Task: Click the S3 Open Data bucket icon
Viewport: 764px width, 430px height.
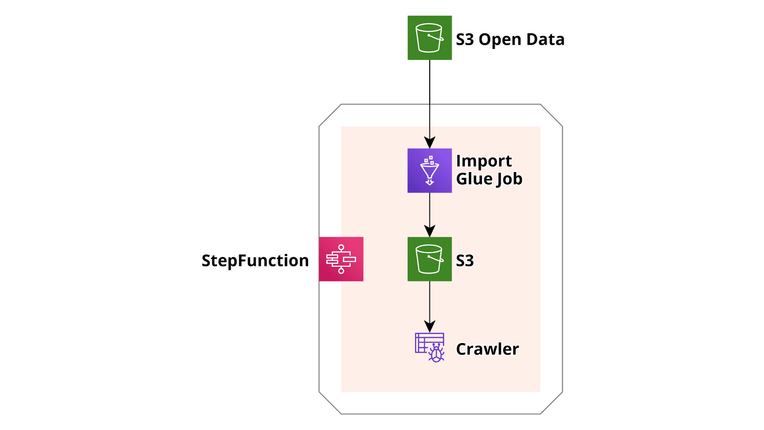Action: coord(430,38)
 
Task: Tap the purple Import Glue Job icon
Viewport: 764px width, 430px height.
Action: coord(430,170)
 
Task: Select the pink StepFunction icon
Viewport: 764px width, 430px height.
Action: coord(341,259)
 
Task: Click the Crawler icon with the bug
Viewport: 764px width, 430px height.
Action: coord(430,347)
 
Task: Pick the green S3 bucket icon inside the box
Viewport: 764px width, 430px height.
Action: coord(430,259)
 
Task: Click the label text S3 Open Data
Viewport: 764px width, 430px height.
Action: coord(510,39)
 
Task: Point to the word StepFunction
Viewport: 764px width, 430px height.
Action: coord(255,261)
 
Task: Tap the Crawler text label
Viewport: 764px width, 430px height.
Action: coord(487,349)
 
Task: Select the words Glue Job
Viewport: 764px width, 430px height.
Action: coord(489,179)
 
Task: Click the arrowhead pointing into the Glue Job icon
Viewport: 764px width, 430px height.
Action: coord(430,143)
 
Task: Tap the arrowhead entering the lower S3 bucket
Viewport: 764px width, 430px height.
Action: coord(430,231)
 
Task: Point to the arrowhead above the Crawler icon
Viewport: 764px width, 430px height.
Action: coord(430,326)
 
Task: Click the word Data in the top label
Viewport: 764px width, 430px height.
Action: coord(545,39)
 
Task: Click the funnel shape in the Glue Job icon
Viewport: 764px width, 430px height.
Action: coord(430,170)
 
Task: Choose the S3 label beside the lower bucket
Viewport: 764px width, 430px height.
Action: coord(465,261)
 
